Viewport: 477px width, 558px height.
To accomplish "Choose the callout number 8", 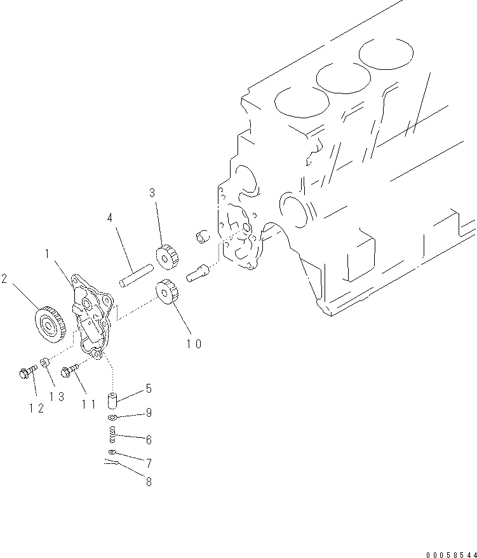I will (x=148, y=482).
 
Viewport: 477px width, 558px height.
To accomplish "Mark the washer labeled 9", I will (x=112, y=418).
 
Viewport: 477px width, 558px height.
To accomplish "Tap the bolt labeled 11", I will (x=68, y=371).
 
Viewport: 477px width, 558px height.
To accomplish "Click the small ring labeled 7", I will (x=111, y=452).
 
